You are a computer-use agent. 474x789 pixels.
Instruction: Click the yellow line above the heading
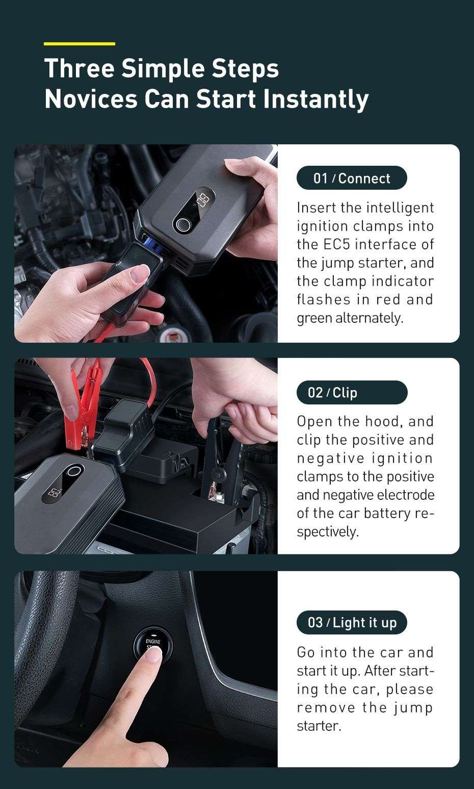pos(80,44)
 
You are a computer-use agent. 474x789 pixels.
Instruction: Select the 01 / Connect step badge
pos(352,178)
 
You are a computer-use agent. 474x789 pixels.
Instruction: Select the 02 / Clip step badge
pos(352,392)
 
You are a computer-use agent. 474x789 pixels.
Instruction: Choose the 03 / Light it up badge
pos(352,622)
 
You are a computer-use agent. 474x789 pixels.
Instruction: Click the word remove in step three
pos(326,707)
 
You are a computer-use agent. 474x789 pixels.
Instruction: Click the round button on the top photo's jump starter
pos(182,225)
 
